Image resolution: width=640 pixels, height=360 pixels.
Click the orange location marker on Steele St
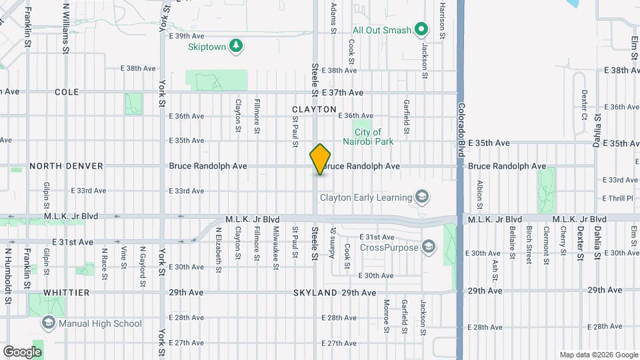(321, 159)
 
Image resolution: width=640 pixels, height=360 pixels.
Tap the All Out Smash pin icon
(421, 29)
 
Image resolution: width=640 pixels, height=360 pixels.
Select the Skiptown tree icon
(235, 45)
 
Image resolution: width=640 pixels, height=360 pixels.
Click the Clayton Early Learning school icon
(421, 197)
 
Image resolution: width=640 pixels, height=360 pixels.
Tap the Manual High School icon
(48, 323)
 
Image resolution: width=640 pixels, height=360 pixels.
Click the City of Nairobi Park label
(368, 137)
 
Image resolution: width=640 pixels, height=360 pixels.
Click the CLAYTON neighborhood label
(314, 109)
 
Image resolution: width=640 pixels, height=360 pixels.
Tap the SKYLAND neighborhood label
(315, 293)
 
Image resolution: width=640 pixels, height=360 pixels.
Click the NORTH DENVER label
(57, 166)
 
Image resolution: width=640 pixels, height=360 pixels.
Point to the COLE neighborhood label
(66, 92)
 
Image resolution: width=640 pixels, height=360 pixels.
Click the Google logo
(22, 351)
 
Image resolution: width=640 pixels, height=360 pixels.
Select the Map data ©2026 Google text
(598, 355)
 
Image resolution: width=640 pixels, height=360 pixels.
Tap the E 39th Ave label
(186, 36)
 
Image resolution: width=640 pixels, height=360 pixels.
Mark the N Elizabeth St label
(217, 249)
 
